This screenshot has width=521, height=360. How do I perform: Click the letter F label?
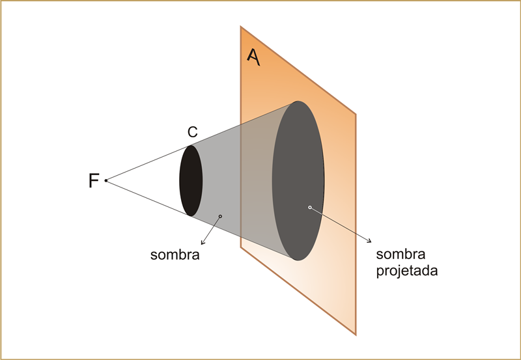[x=94, y=181]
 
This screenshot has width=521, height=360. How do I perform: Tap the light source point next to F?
[x=106, y=180]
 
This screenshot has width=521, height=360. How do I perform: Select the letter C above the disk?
[x=192, y=132]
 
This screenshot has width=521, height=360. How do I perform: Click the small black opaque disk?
[x=191, y=180]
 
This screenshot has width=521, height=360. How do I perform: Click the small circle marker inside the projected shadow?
[x=310, y=208]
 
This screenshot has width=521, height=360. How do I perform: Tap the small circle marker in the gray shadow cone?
[x=221, y=216]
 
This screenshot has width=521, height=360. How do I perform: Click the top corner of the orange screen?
[x=241, y=27]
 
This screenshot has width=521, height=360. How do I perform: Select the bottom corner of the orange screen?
[x=356, y=335]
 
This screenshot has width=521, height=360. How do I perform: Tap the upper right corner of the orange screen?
[x=356, y=115]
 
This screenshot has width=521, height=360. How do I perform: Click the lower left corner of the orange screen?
[x=241, y=247]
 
